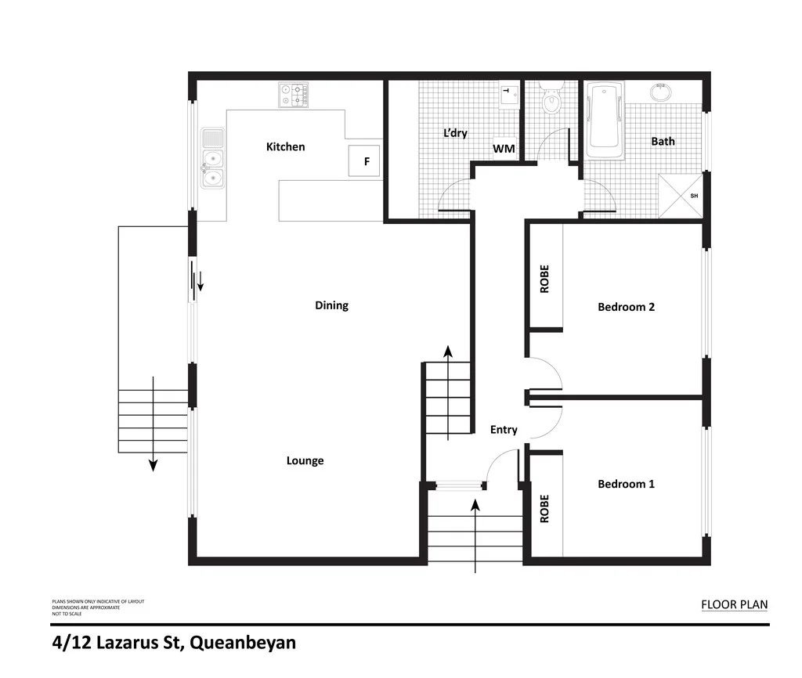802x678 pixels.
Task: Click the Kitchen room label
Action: pos(285,146)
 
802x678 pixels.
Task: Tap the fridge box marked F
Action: pos(364,161)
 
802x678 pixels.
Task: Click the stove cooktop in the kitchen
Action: pos(294,96)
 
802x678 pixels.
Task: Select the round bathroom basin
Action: pos(661,92)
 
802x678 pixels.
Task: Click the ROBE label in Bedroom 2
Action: pos(544,279)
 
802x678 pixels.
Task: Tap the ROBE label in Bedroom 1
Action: pos(544,508)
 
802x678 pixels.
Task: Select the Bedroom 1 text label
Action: pos(626,484)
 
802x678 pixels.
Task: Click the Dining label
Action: pos(331,305)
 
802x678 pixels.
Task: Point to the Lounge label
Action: pos(305,460)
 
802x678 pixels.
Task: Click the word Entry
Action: pos(504,430)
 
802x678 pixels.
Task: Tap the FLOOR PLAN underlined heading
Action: pos(734,604)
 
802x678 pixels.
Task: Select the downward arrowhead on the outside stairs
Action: pos(154,465)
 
